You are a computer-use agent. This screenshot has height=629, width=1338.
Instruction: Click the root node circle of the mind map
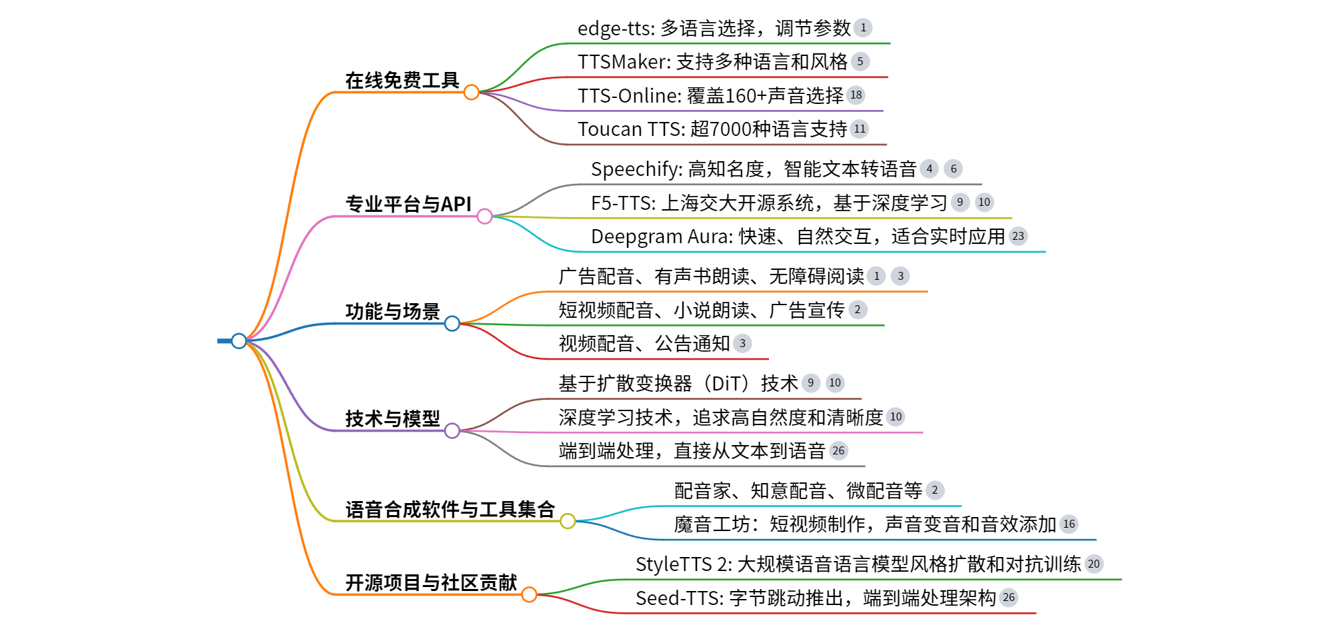239,341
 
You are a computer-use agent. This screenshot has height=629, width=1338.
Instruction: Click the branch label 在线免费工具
402,81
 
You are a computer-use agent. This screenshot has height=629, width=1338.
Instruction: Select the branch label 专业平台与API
408,204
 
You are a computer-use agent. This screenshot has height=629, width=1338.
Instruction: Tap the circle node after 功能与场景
452,324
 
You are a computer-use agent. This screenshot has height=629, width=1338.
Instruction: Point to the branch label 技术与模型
392,418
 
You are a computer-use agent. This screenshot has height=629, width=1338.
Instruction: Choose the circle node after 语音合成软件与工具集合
568,521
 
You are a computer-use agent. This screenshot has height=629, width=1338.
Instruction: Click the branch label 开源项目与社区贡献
430,582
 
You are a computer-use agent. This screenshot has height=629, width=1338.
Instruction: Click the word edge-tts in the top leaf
614,29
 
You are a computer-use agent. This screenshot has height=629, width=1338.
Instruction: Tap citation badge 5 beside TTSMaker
860,62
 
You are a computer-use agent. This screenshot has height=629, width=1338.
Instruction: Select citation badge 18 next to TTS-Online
856,95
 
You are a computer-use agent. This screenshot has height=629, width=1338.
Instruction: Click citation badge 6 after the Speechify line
954,169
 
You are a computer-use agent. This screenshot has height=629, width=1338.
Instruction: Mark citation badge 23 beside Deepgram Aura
1018,237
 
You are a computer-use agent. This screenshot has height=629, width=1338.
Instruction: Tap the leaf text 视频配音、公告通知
644,344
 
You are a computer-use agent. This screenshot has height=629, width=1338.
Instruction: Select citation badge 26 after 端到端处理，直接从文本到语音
838,451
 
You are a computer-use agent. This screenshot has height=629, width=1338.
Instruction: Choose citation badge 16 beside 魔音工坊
1069,524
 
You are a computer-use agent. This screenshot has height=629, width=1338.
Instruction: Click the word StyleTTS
673,564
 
